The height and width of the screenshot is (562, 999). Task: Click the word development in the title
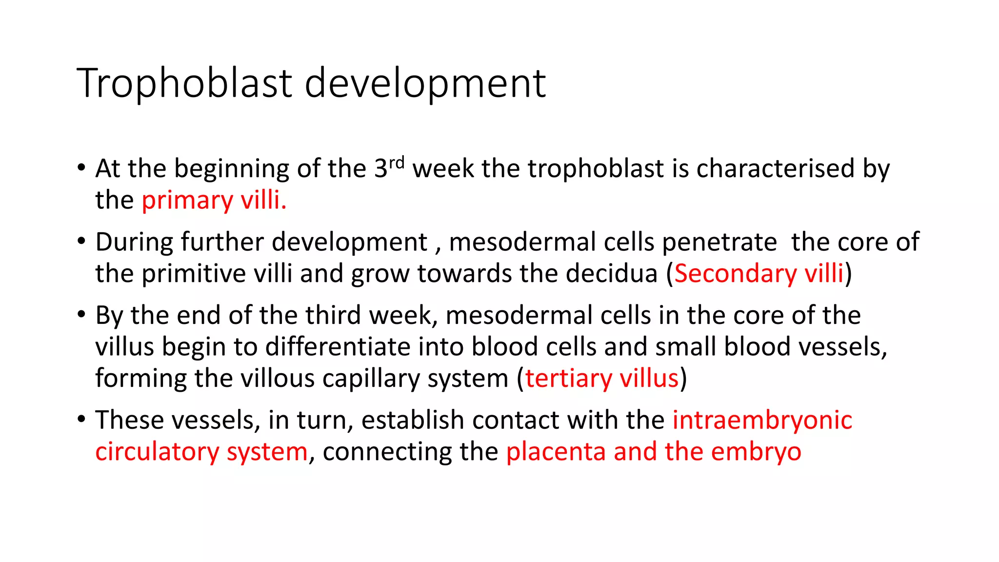click(425, 83)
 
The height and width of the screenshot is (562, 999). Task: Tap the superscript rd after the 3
click(397, 162)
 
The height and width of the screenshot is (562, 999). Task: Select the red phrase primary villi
click(214, 200)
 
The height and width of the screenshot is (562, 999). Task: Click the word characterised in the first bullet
click(775, 168)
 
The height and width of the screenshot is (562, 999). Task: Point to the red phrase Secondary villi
click(759, 273)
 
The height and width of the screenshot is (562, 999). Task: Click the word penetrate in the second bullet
click(719, 242)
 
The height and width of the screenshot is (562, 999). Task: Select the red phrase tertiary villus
click(601, 378)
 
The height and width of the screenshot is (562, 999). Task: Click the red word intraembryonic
click(762, 420)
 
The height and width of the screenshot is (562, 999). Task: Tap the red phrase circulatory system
click(201, 452)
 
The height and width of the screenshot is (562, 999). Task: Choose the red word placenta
click(555, 452)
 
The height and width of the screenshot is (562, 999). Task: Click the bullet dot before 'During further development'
click(81, 241)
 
